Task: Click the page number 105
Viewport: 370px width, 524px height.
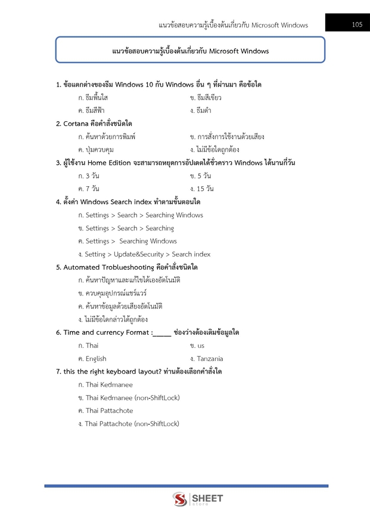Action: click(357, 24)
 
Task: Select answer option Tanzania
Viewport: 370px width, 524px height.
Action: click(206, 359)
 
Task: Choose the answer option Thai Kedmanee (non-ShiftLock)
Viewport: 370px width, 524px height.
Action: click(129, 397)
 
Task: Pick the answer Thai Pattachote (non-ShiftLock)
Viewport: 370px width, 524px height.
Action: click(128, 424)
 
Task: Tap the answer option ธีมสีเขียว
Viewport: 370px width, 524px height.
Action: click(206, 97)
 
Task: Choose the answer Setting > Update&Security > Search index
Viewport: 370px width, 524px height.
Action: click(144, 254)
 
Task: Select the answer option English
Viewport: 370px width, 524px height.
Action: click(92, 359)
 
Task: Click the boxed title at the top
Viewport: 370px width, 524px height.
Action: click(190, 51)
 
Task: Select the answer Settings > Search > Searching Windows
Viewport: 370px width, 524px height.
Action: click(140, 215)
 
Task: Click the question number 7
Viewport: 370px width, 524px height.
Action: click(58, 371)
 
